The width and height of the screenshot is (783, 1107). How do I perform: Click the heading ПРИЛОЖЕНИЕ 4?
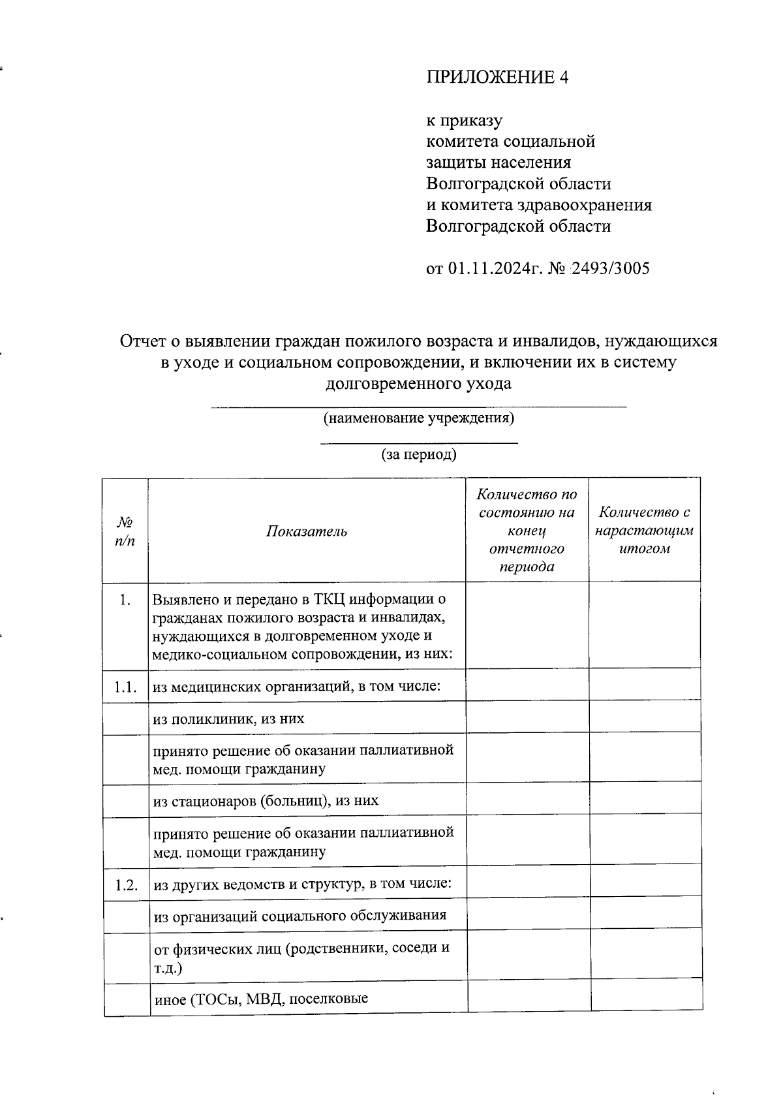click(497, 78)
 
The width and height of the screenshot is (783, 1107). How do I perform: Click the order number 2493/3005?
click(611, 269)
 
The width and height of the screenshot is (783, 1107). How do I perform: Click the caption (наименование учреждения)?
click(419, 418)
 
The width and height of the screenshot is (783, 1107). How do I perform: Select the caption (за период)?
click(419, 454)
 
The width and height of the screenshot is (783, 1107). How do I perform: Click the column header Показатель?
click(307, 531)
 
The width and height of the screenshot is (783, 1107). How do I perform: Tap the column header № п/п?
click(125, 531)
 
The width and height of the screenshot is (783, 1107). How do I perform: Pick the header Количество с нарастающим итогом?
click(645, 531)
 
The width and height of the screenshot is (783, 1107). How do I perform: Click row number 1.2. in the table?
click(126, 885)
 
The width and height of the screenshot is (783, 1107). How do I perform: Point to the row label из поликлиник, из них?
click(229, 719)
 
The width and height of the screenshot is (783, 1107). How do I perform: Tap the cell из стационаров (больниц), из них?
click(266, 800)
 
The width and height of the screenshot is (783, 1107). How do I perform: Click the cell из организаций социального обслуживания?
click(300, 915)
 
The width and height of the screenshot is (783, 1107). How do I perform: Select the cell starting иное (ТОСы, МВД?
click(261, 999)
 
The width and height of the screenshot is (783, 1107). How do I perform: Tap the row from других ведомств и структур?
click(303, 885)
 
